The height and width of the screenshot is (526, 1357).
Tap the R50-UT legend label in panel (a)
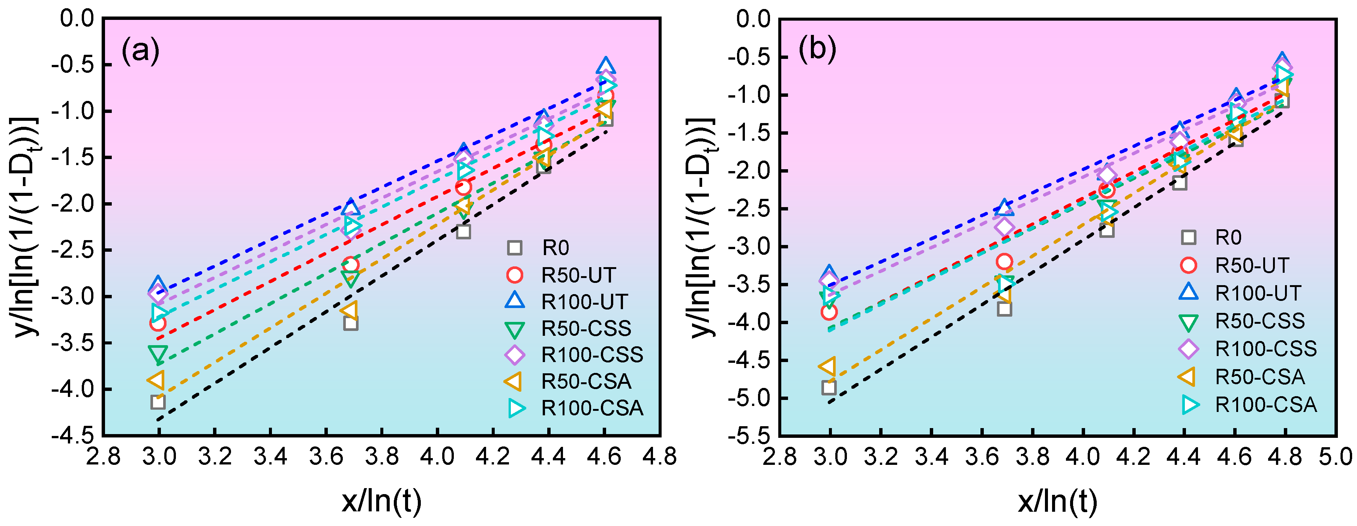coord(578,275)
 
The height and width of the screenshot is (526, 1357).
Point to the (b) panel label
coord(817,50)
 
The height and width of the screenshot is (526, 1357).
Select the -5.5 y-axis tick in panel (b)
coord(749,436)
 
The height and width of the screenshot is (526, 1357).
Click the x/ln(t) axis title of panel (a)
coord(382,501)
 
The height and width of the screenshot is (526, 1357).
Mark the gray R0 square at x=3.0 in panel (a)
coord(158,402)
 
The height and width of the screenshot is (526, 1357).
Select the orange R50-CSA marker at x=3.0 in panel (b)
coord(827,366)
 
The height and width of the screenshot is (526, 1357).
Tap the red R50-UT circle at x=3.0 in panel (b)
coord(829,312)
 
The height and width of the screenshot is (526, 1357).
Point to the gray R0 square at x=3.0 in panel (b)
coord(829,388)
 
